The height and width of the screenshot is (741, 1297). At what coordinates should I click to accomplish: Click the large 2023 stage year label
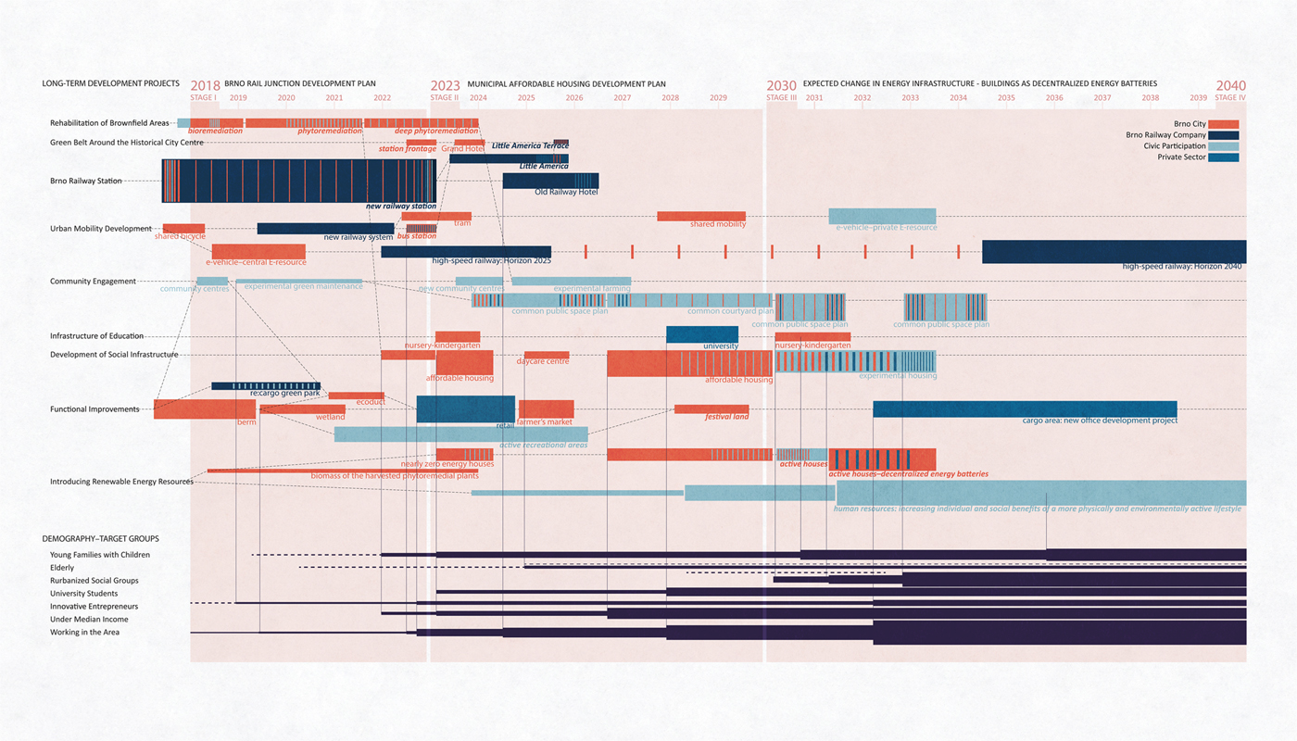coord(445,86)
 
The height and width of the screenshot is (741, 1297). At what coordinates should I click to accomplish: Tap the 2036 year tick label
coord(1054,98)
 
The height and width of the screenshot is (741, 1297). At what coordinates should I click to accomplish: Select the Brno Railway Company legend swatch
coord(1223,135)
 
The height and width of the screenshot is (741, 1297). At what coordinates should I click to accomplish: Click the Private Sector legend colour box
coord(1223,157)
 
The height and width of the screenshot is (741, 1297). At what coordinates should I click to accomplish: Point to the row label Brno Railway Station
coord(86,181)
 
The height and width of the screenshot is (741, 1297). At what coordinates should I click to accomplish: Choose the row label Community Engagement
coord(93,282)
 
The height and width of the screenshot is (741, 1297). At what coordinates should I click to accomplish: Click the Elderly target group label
coord(62,568)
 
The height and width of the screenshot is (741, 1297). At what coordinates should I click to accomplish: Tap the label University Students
coord(83,594)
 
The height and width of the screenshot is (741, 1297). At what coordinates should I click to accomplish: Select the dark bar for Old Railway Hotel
coord(550,181)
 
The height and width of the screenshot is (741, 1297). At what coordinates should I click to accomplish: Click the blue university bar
coord(701,334)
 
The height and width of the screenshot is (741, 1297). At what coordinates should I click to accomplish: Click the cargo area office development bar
coord(1025,409)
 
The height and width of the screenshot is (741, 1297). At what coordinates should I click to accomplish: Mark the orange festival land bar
coord(711,408)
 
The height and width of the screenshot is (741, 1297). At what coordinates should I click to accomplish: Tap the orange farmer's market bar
coord(546,408)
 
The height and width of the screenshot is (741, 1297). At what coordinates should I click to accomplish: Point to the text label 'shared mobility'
coord(718,224)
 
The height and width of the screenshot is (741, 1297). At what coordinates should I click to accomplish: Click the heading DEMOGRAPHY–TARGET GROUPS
coord(100,538)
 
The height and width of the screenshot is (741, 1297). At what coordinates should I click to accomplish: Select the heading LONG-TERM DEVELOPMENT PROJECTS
coord(110,83)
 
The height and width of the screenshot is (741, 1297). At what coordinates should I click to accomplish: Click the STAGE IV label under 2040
coord(1229,98)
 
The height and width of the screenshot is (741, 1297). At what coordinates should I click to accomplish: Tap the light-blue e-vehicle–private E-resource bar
coord(882,216)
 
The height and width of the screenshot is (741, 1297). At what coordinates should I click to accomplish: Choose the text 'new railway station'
coord(400,207)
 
